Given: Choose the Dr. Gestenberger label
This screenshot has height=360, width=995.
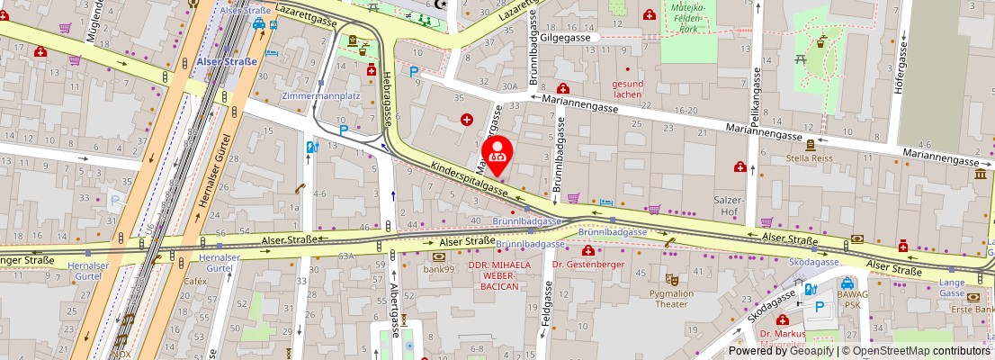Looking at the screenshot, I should click(x=588, y=264).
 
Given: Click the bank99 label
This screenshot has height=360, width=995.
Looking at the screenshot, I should click(x=438, y=268).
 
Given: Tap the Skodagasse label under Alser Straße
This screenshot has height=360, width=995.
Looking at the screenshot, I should click(x=813, y=261).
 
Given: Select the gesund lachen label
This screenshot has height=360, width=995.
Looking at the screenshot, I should click(x=628, y=88).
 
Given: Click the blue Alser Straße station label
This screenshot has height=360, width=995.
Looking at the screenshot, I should click(x=226, y=61).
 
